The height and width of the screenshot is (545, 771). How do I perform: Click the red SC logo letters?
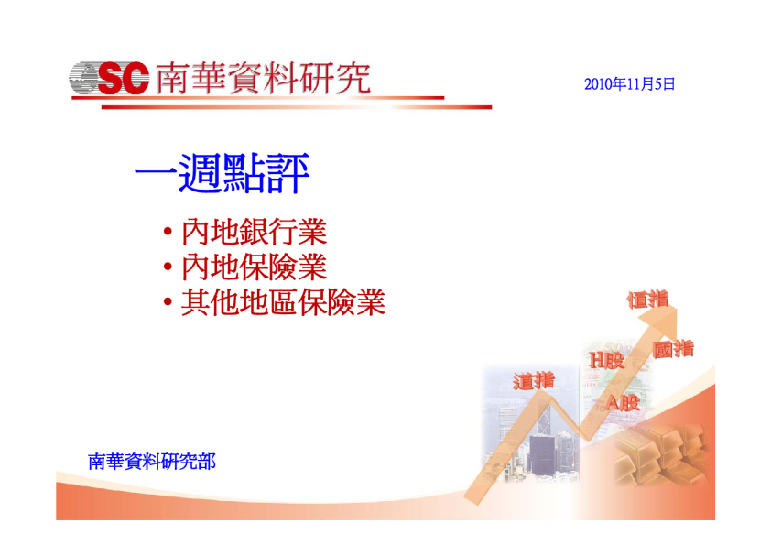(123, 78)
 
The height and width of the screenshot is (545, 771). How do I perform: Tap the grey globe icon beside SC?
(83, 78)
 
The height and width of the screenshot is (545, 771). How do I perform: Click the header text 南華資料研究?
(263, 78)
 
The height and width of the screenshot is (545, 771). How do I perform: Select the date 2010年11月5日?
(629, 84)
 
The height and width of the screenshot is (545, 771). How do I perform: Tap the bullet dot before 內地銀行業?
(168, 231)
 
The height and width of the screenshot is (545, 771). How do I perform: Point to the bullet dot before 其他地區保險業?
(168, 301)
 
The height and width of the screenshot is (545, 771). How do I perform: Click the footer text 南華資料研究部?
(151, 462)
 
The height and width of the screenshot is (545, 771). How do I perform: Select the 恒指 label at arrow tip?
(648, 299)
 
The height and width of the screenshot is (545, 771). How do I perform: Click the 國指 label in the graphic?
(673, 349)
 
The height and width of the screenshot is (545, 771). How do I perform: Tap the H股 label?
(607, 360)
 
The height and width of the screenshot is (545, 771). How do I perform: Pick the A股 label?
(623, 403)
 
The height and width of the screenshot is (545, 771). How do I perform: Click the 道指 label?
(534, 381)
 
